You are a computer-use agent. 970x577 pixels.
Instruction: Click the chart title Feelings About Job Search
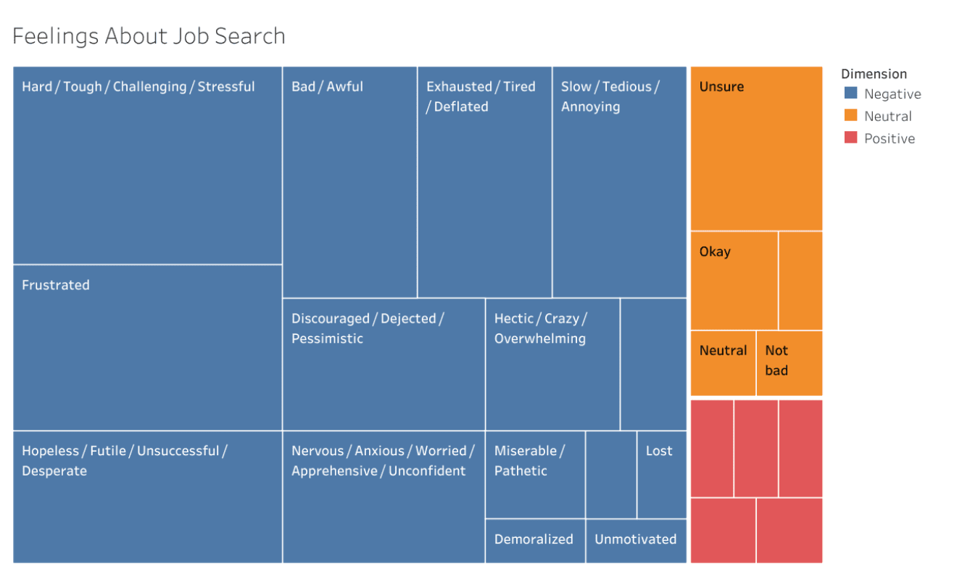pyautogui.click(x=149, y=36)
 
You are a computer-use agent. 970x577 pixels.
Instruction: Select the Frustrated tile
pyautogui.click(x=147, y=347)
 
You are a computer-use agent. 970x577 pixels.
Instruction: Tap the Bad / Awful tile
pyautogui.click(x=349, y=182)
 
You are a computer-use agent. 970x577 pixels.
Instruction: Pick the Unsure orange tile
pyautogui.click(x=756, y=149)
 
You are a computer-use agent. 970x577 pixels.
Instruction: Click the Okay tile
pyautogui.click(x=734, y=281)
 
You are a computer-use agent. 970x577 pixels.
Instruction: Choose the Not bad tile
pyautogui.click(x=789, y=362)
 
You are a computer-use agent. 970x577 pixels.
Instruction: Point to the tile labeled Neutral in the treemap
pyautogui.click(x=723, y=362)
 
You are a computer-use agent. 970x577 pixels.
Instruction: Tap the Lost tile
pyautogui.click(x=661, y=474)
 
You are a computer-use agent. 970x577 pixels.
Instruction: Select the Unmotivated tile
pyautogui.click(x=636, y=541)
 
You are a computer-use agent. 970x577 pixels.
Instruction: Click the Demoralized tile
pyautogui.click(x=534, y=541)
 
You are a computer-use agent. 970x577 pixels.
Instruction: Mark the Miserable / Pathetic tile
pyautogui.click(x=534, y=475)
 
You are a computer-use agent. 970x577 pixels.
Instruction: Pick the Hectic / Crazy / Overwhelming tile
pyautogui.click(x=552, y=364)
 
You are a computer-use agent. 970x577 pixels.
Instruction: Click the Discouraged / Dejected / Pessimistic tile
pyautogui.click(x=384, y=364)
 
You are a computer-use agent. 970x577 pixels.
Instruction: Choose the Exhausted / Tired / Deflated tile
pyautogui.click(x=484, y=182)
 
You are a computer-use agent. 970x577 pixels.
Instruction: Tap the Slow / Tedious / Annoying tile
pyautogui.click(x=619, y=182)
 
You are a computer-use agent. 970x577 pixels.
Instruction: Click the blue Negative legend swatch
pyautogui.click(x=851, y=94)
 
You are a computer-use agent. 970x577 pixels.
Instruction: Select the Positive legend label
pyautogui.click(x=890, y=138)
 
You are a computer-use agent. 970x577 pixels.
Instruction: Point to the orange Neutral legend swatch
pyautogui.click(x=851, y=116)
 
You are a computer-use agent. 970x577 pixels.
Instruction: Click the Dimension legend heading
pyautogui.click(x=874, y=74)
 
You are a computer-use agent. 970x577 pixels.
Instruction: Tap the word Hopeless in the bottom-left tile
pyautogui.click(x=50, y=451)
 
